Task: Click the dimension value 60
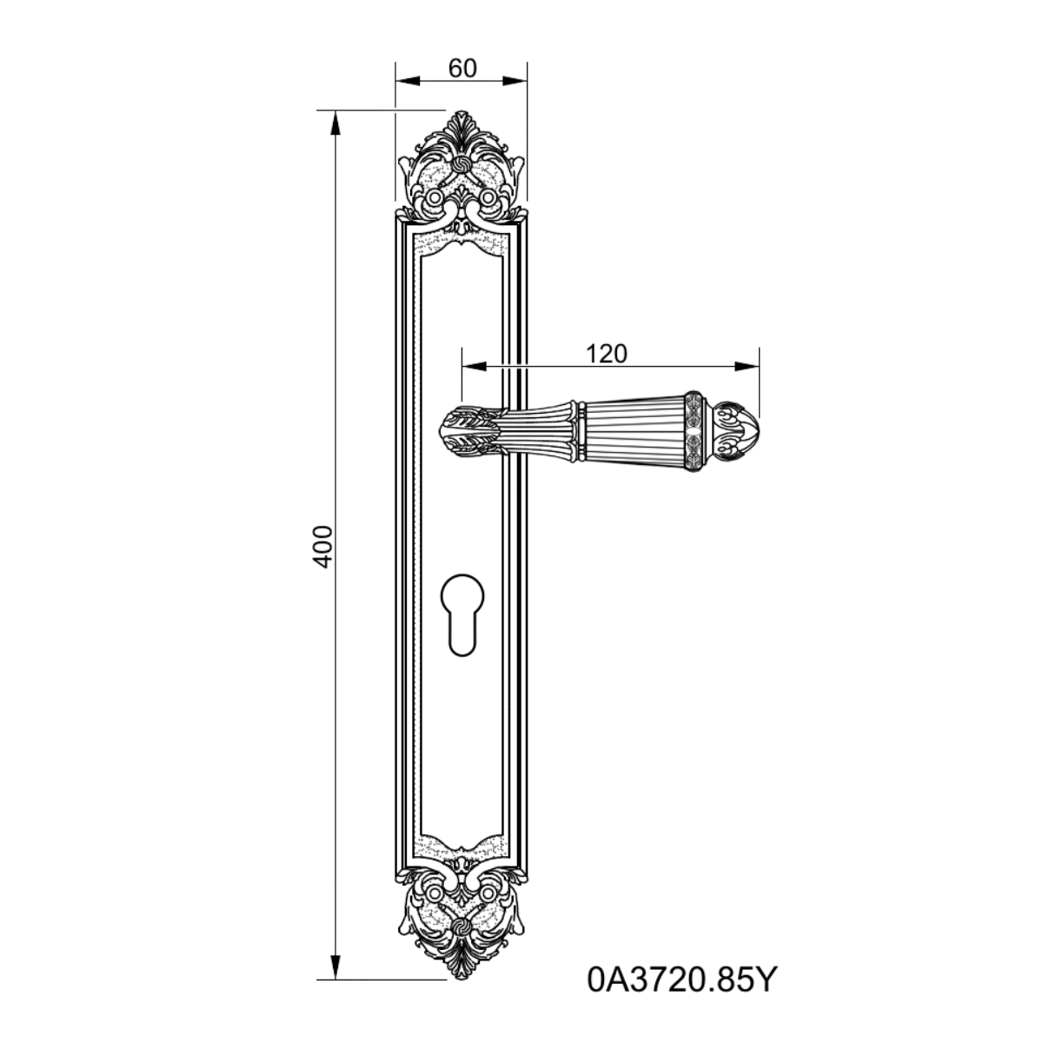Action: (462, 69)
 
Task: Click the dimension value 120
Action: (606, 354)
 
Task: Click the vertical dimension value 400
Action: (323, 546)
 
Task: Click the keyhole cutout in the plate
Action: (462, 615)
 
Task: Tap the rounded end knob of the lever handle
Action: (734, 431)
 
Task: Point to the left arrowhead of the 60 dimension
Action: (408, 81)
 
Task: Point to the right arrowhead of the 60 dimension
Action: (515, 81)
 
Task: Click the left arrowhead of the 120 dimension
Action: (475, 367)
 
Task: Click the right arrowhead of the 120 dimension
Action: (747, 367)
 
